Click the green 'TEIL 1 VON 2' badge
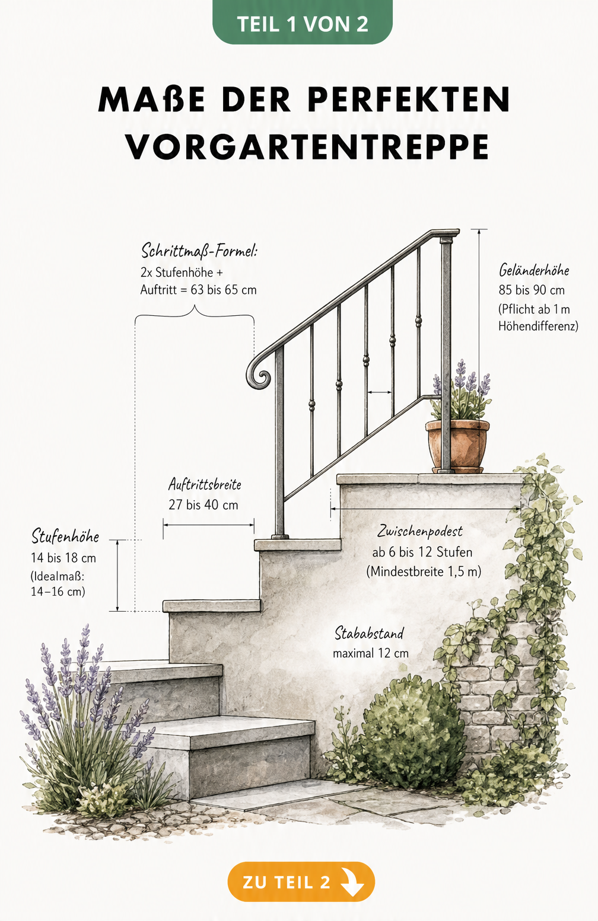tap(302, 23)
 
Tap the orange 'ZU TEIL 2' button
tap(301, 882)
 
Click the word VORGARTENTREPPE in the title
tap(307, 147)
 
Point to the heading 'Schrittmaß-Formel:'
tap(199, 250)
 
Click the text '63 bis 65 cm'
tap(224, 290)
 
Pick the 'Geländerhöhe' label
tap(534, 270)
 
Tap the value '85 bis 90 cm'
tap(532, 290)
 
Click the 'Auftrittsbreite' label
tap(205, 485)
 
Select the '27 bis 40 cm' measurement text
tap(203, 505)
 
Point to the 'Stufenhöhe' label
tap(65, 536)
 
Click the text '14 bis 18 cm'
tap(63, 558)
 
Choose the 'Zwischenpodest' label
tap(420, 531)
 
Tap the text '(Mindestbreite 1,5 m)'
tap(424, 571)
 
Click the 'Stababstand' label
tap(369, 634)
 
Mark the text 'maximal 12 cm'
tap(370, 653)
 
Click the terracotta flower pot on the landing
tap(457, 446)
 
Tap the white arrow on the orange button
tap(352, 882)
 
